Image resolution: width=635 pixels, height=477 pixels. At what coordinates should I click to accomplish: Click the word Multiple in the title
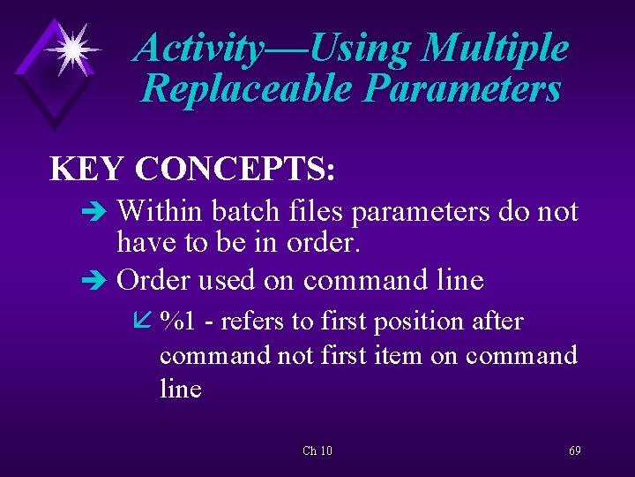[x=495, y=49]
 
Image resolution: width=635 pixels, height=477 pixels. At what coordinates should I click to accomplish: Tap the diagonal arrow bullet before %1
[x=146, y=323]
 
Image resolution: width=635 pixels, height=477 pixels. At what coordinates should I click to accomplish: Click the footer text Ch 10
[x=317, y=451]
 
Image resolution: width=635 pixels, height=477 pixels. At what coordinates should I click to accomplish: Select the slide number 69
[x=574, y=451]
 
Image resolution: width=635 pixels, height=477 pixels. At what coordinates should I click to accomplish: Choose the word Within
[x=159, y=212]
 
